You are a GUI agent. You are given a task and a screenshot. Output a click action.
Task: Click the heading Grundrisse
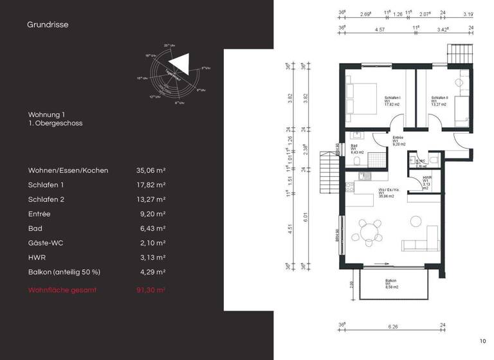pyautogui.click(x=48, y=25)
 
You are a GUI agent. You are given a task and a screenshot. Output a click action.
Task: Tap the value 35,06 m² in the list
pyautogui.click(x=151, y=170)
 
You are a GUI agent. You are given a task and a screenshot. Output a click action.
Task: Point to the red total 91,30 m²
pyautogui.click(x=151, y=291)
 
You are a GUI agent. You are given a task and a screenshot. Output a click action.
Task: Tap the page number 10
pyautogui.click(x=482, y=341)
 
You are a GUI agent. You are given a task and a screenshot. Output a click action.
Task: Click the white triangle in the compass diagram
pyautogui.click(x=181, y=64)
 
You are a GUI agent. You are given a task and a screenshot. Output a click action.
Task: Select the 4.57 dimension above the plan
pyautogui.click(x=380, y=29)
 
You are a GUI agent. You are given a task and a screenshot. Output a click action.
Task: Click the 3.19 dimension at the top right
pyautogui.click(x=468, y=13)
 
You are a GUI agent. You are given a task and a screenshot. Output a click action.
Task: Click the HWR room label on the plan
pyautogui.click(x=426, y=181)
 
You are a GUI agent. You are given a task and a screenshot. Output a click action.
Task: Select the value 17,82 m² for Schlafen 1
pyautogui.click(x=151, y=184)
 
